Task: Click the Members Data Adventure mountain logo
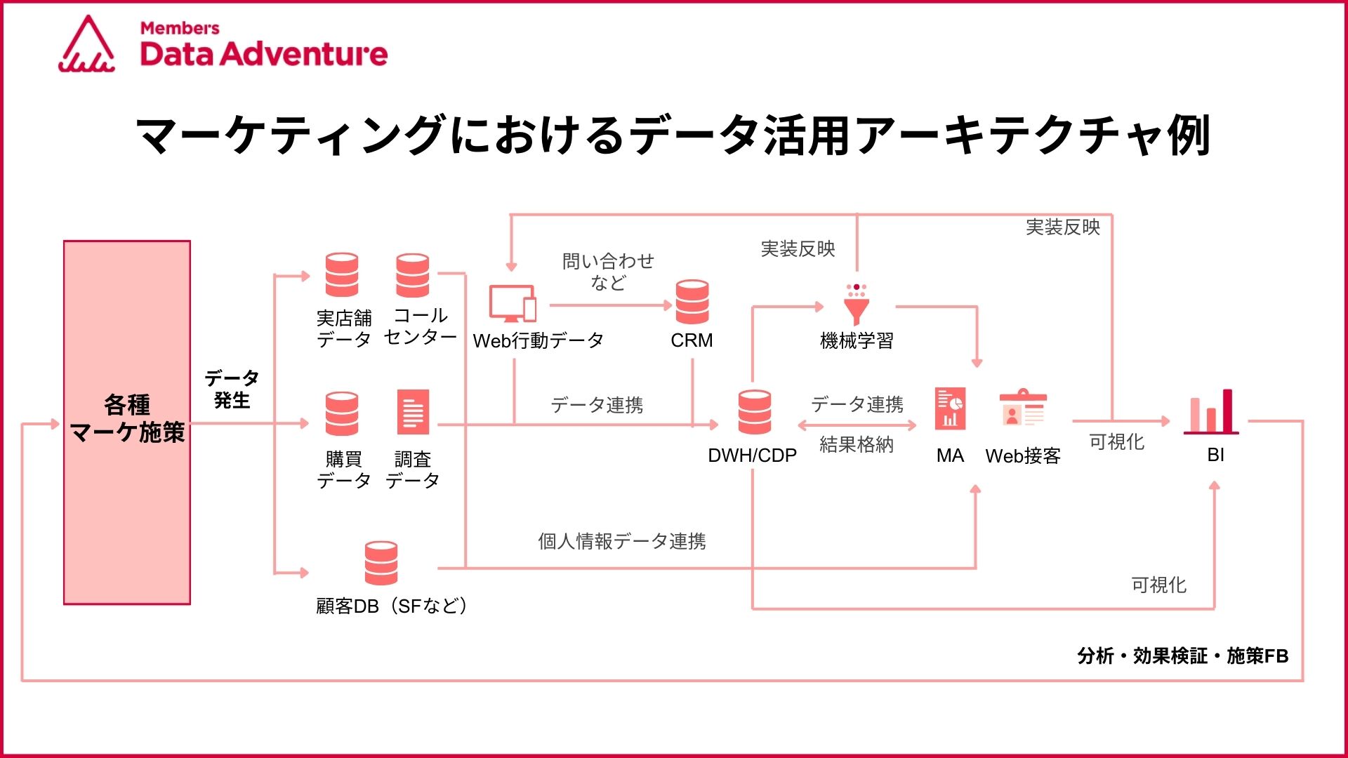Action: tap(87, 44)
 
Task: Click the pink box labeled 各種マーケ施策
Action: tap(127, 423)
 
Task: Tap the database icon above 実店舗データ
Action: tap(342, 275)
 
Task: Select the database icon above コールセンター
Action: tap(412, 275)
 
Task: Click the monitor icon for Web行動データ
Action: tap(513, 304)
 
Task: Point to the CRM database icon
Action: tap(692, 302)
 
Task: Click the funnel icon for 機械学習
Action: tap(857, 304)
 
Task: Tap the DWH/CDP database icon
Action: tap(755, 412)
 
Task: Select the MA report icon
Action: tap(950, 408)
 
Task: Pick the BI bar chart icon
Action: tap(1211, 412)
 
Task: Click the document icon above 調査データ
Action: tap(413, 412)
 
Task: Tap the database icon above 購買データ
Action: tap(342, 413)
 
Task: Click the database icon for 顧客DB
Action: tap(381, 563)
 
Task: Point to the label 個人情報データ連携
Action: tap(622, 541)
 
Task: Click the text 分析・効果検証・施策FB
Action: tap(1183, 656)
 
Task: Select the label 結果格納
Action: tap(857, 444)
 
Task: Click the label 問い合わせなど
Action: tap(608, 272)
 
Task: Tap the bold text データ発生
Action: tap(232, 390)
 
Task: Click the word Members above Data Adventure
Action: tap(180, 28)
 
